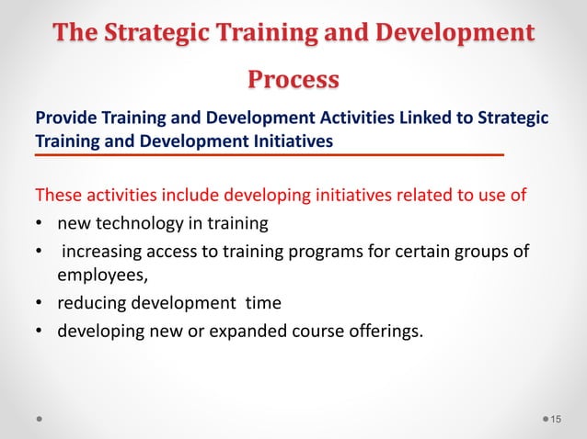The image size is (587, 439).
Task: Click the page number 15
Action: tap(556, 420)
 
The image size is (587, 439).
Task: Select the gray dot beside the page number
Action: tap(543, 420)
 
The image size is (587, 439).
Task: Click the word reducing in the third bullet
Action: tap(93, 302)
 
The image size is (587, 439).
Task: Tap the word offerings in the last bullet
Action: tap(384, 330)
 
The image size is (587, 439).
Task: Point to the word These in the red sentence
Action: tap(57, 195)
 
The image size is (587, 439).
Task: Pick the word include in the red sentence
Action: tap(192, 195)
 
